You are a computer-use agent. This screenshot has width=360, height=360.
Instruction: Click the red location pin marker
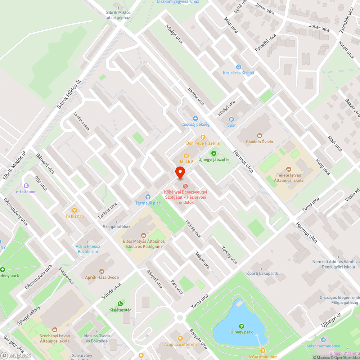180,173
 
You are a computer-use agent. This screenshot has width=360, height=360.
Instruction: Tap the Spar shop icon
231,119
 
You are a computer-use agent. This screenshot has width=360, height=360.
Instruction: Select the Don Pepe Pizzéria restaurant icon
203,137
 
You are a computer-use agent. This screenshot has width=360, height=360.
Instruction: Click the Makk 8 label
187,162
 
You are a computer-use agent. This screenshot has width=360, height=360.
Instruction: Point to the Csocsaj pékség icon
195,118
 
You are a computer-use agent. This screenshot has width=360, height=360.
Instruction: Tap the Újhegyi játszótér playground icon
214,153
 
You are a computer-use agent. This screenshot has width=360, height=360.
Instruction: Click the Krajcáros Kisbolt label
239,73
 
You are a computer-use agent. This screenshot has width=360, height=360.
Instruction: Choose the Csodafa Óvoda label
260,141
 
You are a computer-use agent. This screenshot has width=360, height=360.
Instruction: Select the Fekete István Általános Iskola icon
288,169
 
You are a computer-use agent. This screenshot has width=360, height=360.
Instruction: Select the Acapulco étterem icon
180,338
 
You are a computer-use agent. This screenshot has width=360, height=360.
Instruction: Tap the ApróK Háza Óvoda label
102,277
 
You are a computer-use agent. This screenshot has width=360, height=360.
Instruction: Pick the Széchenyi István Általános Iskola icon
54,329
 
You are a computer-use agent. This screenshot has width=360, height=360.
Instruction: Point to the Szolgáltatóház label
116,227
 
